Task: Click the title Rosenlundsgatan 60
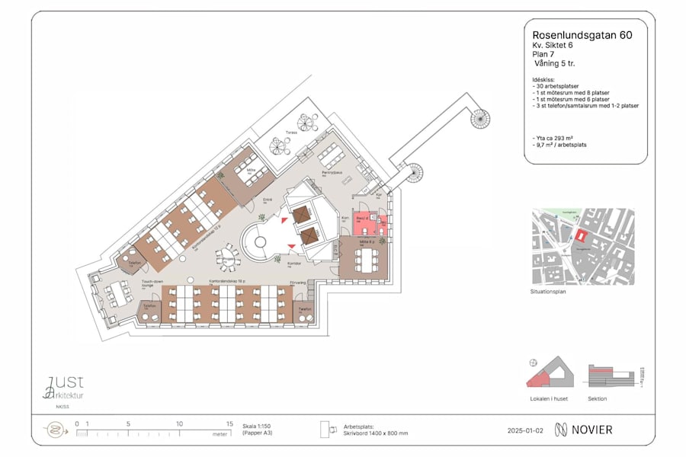[x=582, y=34]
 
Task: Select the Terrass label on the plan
[x=291, y=133]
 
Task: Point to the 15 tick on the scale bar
[x=229, y=424]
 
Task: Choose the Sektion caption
[x=598, y=398]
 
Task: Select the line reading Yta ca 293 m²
[x=553, y=137]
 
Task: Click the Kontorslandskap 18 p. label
[x=226, y=281]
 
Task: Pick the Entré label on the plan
[x=268, y=200]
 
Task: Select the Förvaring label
[x=298, y=283]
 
